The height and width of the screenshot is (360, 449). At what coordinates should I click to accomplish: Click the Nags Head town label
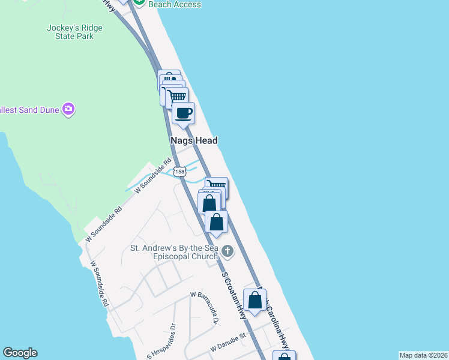pos(192,140)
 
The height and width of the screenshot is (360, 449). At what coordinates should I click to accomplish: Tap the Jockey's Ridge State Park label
pos(74,32)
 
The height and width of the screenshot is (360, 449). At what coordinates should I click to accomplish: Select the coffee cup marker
pos(184,112)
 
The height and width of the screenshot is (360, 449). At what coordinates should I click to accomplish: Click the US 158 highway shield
pos(179,172)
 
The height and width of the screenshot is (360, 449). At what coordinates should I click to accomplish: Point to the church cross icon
pos(227,250)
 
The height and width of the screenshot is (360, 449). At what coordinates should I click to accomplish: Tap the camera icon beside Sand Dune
pos(68,109)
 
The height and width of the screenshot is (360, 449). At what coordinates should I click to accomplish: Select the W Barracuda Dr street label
pos(203,307)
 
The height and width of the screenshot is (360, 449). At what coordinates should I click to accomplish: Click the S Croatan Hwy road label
pos(235,295)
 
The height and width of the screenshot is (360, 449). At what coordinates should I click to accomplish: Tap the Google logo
pos(20,353)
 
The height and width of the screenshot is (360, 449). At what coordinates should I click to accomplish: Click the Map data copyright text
pos(423,355)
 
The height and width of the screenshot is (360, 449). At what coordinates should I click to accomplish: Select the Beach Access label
pos(175,4)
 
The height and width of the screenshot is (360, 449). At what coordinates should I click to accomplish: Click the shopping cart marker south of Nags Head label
pos(217,187)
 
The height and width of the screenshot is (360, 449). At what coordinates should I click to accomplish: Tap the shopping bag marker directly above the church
pos(217,221)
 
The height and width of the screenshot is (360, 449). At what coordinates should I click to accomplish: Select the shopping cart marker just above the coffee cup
pos(176,97)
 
